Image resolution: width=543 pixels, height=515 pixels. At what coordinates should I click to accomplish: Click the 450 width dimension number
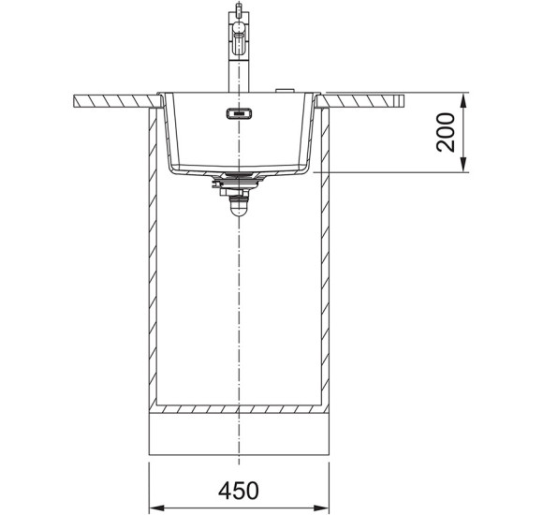(239, 490)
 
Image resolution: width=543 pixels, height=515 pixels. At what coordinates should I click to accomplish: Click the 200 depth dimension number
(446, 132)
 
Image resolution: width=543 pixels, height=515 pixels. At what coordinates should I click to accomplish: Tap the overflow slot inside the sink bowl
(239, 113)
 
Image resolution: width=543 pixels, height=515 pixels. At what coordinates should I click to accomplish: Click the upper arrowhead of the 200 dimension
(463, 100)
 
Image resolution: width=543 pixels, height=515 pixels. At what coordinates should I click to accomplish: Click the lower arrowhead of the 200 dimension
(463, 165)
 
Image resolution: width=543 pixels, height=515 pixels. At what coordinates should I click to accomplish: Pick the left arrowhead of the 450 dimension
(156, 508)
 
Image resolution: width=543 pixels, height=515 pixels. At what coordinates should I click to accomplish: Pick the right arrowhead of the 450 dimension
(321, 508)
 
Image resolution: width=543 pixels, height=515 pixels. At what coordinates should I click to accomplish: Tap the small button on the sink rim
(285, 91)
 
